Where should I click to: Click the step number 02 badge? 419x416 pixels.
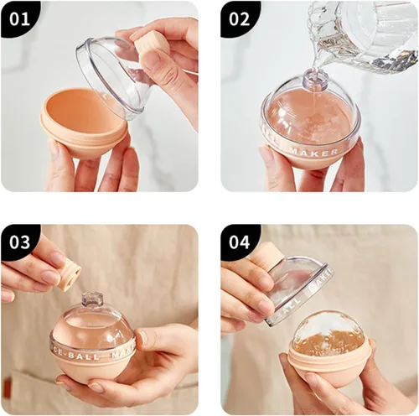click(240, 18)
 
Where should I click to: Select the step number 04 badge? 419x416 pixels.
click(240, 242)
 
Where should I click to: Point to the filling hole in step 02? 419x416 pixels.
click(314, 81)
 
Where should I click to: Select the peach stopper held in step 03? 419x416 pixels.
click(66, 273)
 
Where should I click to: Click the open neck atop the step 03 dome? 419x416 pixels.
click(92, 299)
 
